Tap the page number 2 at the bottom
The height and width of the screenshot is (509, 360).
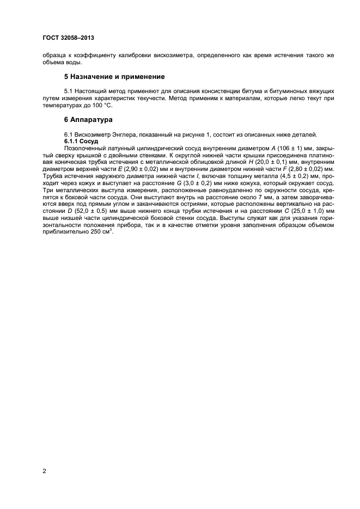45,471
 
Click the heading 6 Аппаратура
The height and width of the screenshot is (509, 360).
89,119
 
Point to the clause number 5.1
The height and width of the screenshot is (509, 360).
70,89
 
